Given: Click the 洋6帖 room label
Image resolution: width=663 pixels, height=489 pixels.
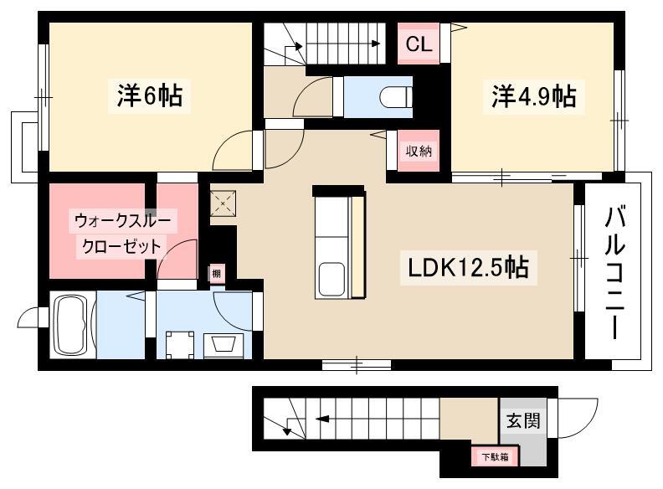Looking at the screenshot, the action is pos(150,95).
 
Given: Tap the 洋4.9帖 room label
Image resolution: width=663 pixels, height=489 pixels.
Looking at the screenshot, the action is pos(533,96).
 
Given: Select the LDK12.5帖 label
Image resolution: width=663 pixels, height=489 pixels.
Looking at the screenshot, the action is pos(468,267).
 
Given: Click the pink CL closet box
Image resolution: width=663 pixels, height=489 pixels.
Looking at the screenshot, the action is pos(419,44).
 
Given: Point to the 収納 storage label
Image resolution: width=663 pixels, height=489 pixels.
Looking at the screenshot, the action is pos(419,151).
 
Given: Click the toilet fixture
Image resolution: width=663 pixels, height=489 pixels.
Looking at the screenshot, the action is pos(396,97).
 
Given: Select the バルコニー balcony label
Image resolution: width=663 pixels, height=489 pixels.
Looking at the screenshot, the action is pos(614,273).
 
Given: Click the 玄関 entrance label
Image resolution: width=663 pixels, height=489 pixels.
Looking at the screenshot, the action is pos(523,420).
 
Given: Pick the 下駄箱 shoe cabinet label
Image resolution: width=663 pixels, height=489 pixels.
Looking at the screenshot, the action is pos(495,457).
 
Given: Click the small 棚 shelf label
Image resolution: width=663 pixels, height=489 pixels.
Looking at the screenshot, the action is pos(216,273).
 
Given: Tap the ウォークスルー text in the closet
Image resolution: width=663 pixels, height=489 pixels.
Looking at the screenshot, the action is pos(122,220).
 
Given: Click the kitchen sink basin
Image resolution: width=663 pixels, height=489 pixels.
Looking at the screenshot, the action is pos(331,279).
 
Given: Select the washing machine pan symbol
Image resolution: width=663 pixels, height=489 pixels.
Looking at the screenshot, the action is pos(180,344).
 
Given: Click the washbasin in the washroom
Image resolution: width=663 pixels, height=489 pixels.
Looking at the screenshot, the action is pos(224,345).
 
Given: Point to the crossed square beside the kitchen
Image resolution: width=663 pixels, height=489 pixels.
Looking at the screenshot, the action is pos(224,203).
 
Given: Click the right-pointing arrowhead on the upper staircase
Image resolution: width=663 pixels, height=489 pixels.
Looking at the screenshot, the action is pos(375,44).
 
